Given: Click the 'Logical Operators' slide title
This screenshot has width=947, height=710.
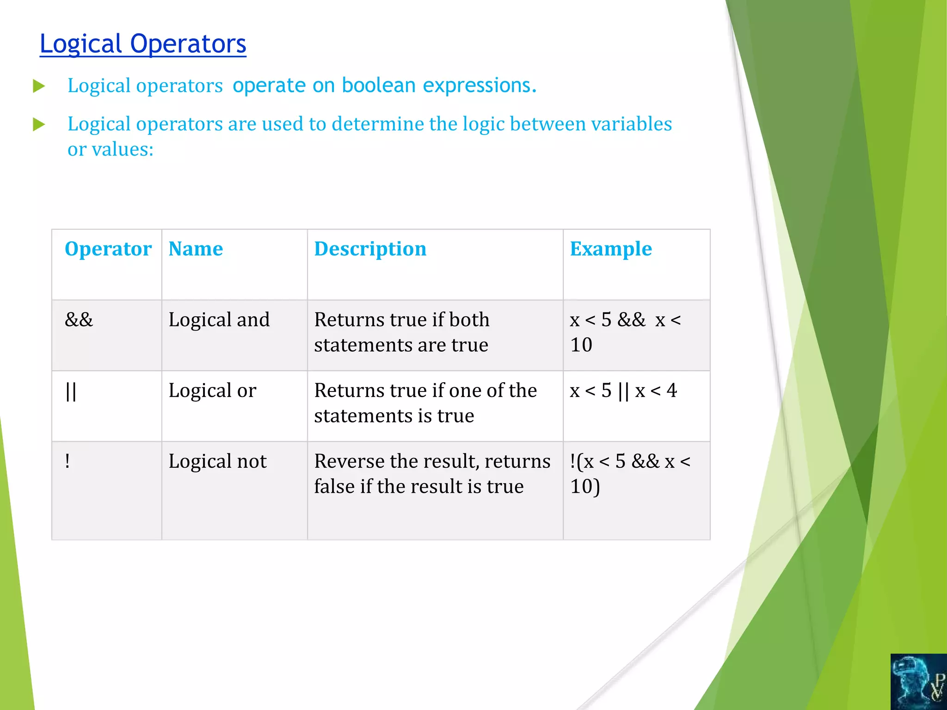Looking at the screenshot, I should [143, 44].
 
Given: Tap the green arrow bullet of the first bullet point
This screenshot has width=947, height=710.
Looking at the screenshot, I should [39, 86].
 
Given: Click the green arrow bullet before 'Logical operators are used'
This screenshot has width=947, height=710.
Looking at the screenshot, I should [39, 124].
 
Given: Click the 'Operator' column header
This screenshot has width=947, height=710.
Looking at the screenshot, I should [108, 249].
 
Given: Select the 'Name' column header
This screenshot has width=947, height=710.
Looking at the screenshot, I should [196, 249].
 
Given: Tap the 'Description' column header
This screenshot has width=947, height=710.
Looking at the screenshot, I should [370, 249].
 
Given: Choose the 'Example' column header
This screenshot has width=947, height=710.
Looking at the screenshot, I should [610, 249].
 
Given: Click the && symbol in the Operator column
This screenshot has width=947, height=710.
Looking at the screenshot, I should [79, 319].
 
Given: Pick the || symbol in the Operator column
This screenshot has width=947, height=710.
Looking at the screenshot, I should [71, 391].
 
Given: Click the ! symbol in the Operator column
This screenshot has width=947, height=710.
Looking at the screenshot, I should [68, 461].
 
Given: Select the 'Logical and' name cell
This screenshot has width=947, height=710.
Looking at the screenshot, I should [219, 320].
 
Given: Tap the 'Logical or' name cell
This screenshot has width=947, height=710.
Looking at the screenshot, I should [212, 391].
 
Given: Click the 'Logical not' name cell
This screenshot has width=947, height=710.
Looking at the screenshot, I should [217, 461].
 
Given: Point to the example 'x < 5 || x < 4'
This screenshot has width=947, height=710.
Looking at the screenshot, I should [623, 391].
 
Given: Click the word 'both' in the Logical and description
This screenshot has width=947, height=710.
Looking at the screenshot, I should [469, 319].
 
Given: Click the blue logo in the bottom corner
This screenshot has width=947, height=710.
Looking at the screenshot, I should [918, 682].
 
